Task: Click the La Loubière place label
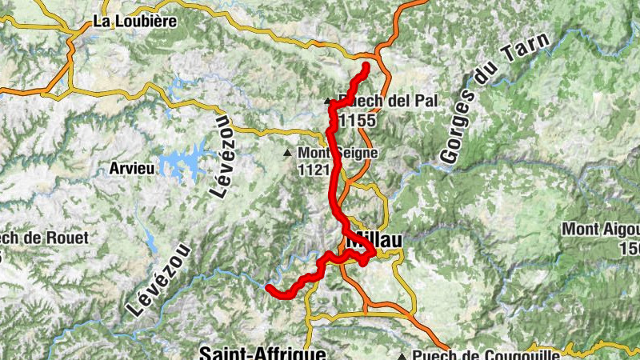click(x=134, y=22)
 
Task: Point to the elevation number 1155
click(x=357, y=120)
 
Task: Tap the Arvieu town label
click(x=130, y=170)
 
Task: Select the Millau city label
click(x=374, y=239)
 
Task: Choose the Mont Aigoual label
click(x=600, y=230)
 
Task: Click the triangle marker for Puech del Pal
click(x=327, y=102)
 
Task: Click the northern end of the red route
click(x=366, y=65)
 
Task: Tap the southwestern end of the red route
click(x=270, y=288)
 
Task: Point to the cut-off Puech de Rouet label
click(x=44, y=238)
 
